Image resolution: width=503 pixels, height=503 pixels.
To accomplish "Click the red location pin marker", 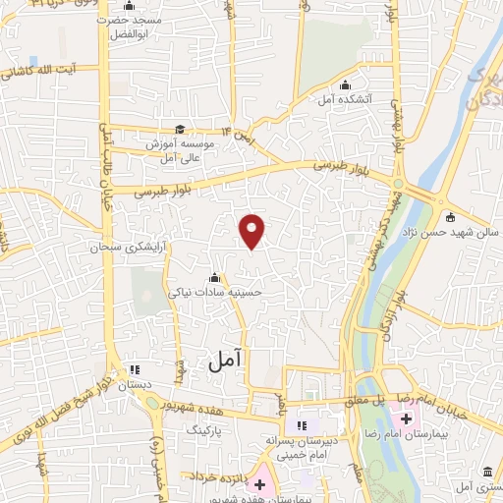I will [252, 230].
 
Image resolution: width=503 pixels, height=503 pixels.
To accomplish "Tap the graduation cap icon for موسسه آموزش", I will [179, 129].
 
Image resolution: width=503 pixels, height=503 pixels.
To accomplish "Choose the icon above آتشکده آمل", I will [345, 85].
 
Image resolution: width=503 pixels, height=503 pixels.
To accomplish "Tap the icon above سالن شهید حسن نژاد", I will [450, 217].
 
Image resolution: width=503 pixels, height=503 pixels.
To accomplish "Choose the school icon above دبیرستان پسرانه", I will [302, 425].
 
